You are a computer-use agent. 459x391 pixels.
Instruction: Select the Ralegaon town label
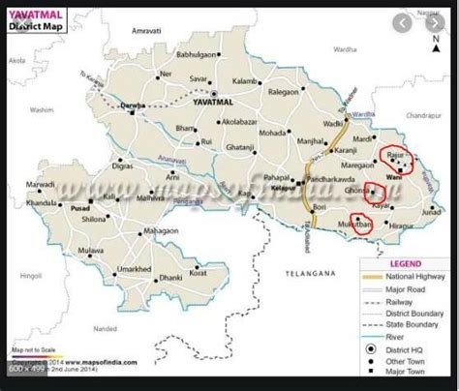pos(284,92)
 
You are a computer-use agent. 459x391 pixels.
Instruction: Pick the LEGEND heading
pos(404,263)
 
